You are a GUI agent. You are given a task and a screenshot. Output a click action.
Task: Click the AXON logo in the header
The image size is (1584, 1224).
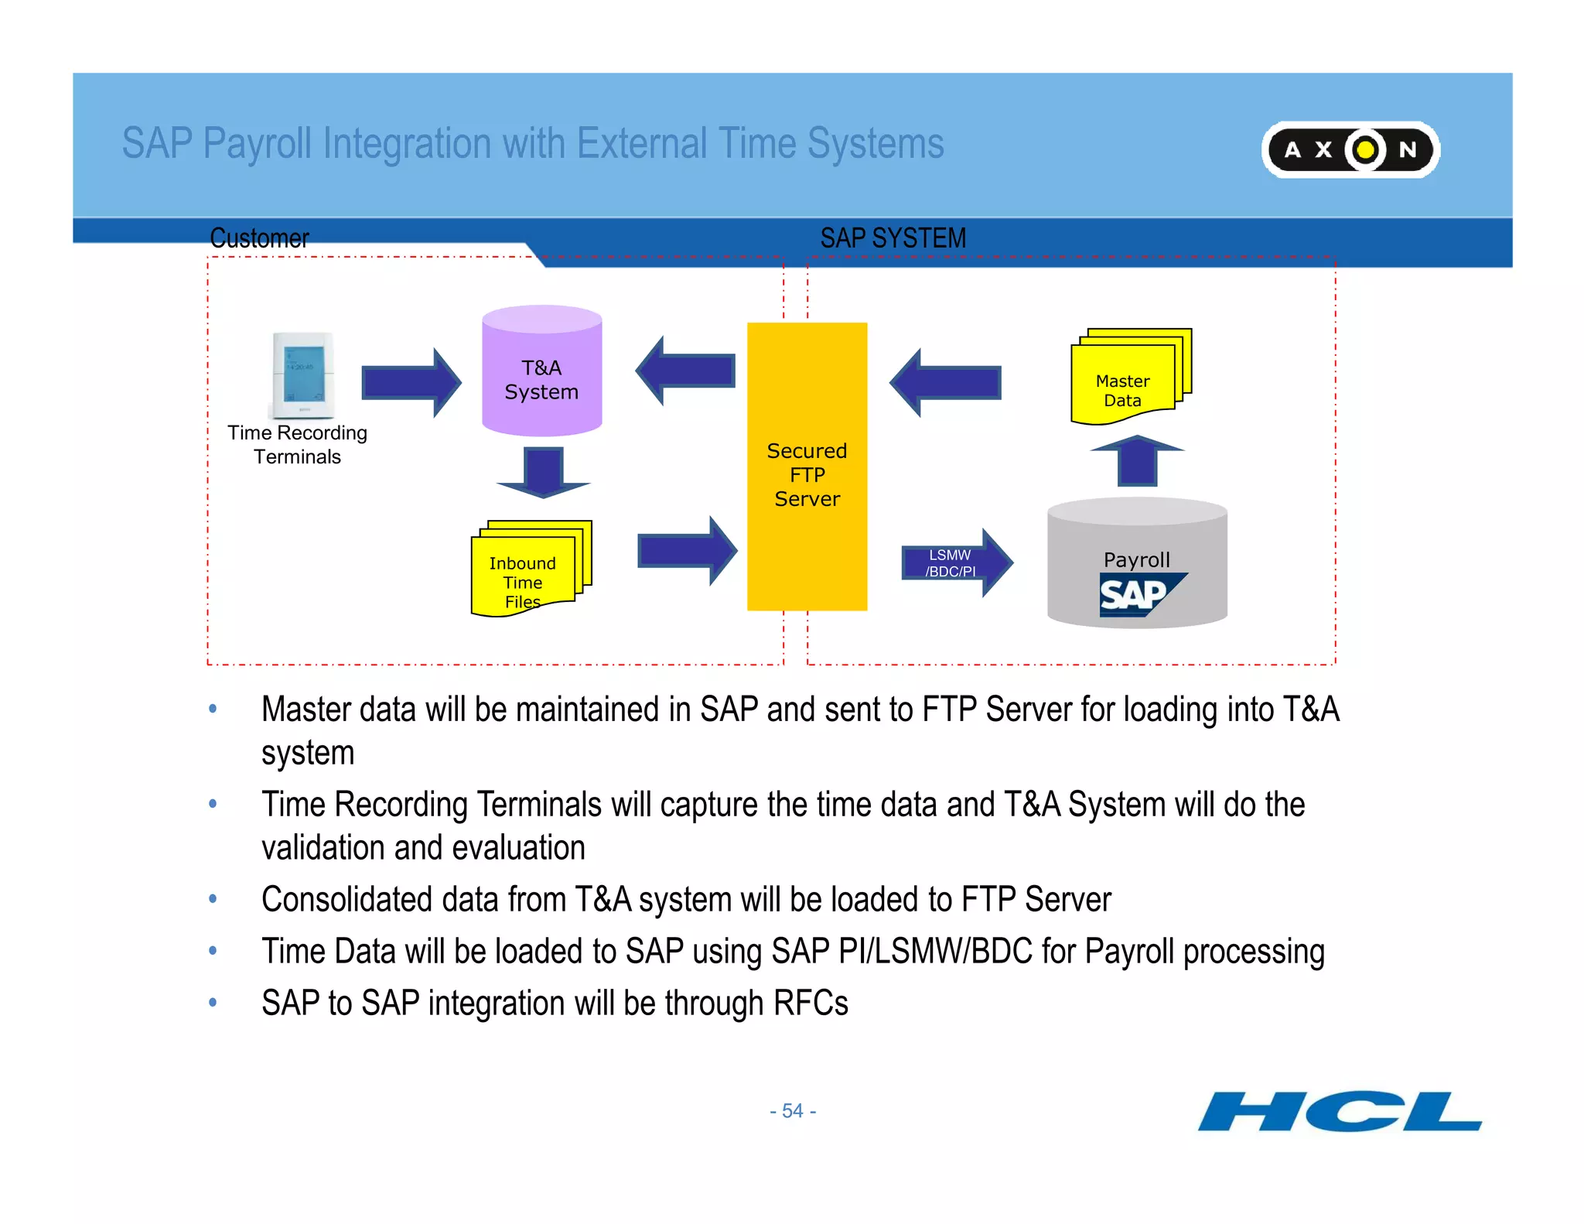(1350, 149)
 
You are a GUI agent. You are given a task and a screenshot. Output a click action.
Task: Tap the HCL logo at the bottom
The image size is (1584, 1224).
(1339, 1111)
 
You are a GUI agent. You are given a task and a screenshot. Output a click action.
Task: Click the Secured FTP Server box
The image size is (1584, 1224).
(807, 467)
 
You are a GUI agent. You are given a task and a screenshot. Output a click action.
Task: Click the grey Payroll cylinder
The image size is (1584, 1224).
(1136, 563)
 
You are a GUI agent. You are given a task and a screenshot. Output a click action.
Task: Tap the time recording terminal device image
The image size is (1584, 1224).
(302, 374)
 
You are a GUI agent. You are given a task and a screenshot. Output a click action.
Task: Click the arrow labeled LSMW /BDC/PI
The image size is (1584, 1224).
(956, 562)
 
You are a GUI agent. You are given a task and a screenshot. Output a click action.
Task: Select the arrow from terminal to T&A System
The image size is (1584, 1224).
(411, 382)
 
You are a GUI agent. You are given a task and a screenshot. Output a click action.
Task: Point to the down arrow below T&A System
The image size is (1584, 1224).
(543, 472)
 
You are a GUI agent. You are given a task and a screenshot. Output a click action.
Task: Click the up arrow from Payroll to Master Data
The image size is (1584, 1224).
(1137, 461)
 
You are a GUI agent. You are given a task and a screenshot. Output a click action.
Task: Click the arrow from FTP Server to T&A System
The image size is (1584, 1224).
(685, 371)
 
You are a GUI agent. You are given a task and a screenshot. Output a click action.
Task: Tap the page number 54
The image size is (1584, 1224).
(793, 1111)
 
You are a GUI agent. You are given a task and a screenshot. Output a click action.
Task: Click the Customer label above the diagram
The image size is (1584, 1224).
(259, 238)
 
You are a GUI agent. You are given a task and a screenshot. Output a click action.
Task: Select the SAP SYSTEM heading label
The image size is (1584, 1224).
(893, 238)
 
